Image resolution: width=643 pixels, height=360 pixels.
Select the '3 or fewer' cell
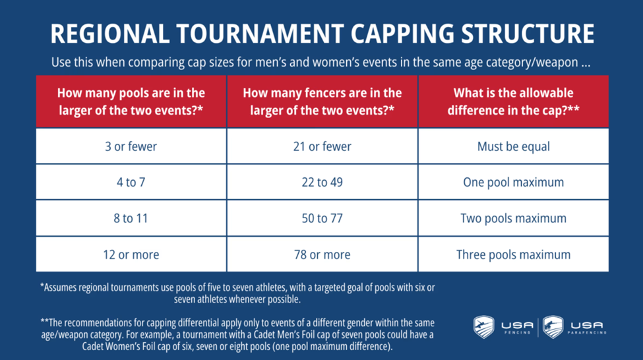click(131, 146)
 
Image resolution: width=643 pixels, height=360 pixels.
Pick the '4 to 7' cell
click(131, 182)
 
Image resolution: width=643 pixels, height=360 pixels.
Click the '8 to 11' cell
click(131, 218)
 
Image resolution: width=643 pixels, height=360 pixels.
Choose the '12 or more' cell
click(131, 255)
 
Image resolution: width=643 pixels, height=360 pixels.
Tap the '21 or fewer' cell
click(322, 146)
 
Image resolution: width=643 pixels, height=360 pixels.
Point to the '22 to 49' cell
click(322, 182)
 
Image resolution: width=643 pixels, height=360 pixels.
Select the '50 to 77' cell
click(322, 218)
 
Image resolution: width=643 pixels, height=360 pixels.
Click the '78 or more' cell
click(322, 255)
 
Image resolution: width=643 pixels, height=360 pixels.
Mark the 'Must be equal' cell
click(514, 146)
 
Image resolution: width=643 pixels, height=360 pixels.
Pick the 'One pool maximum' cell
click(514, 182)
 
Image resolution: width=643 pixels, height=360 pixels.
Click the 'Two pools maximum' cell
click(514, 218)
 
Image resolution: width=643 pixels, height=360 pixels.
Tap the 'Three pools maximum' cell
click(514, 255)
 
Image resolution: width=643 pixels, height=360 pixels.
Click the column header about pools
click(131, 102)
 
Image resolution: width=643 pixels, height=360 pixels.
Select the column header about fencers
click(322, 102)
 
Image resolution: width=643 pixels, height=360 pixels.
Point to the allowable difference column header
click(514, 102)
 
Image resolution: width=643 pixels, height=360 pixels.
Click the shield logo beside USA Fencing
click(484, 327)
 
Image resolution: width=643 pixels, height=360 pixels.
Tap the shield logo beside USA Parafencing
click(553, 327)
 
